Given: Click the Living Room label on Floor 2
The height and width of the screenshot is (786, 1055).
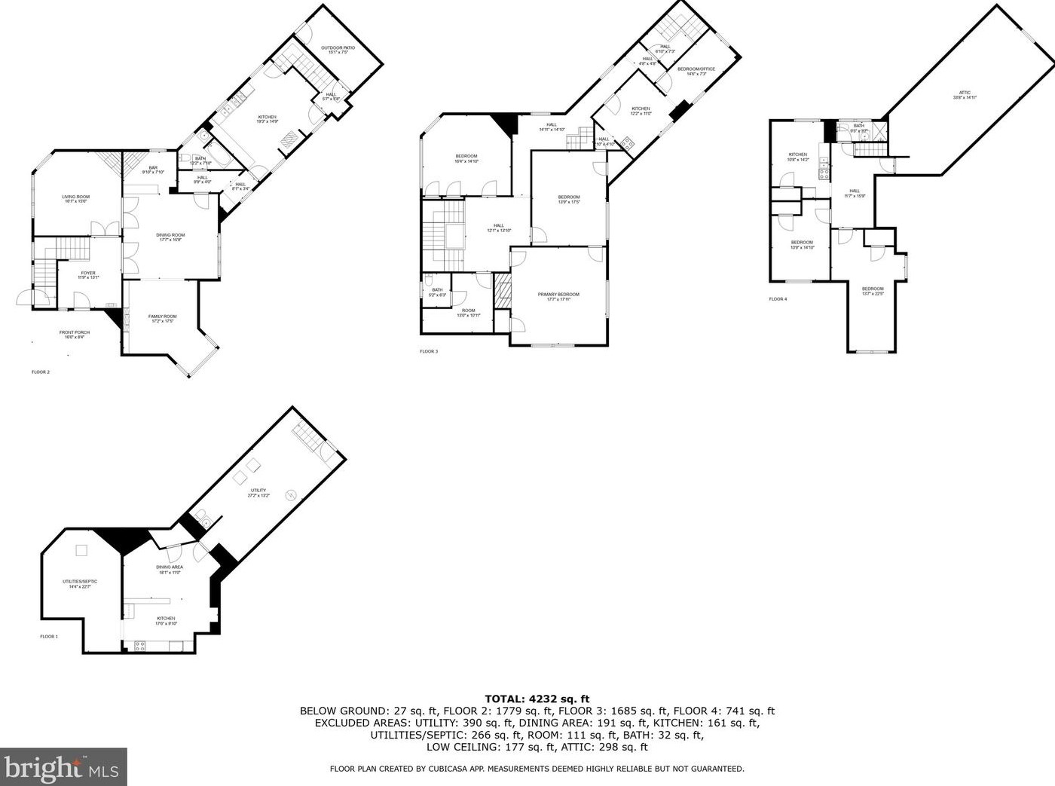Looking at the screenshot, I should coord(75,198).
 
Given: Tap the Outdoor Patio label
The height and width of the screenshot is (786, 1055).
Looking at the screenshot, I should coord(338,50).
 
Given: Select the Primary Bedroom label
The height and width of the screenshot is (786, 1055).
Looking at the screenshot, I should coord(558,296).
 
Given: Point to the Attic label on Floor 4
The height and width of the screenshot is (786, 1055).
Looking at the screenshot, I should coord(965,95).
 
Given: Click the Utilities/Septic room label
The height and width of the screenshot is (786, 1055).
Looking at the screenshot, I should coord(80,583).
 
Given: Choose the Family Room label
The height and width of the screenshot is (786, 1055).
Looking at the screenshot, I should coord(163,319).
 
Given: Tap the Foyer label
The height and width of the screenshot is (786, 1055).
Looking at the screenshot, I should coord(88,274).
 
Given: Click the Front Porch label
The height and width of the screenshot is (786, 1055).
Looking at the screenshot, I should coord(75,334).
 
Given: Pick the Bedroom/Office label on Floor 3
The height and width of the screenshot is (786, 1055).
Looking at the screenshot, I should coord(696,71).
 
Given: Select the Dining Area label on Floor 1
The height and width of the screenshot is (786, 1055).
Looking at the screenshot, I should coord(170,569).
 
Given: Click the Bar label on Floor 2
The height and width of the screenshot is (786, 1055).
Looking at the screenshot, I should coord(153,170).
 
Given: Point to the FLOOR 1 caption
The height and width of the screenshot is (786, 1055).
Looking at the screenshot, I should coord(49,637).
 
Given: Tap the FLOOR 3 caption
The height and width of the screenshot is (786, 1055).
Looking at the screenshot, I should coord(428,351).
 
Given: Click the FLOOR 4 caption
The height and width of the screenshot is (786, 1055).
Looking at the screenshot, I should coord(778,299).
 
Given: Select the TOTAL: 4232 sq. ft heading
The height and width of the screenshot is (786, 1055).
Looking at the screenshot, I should coord(537,699).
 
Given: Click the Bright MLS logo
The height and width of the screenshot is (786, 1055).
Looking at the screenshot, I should coord(63,767).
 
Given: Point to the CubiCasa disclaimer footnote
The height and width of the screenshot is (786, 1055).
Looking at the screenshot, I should coord(537,769).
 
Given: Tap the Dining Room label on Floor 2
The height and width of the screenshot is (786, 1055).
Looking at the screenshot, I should coord(170,237).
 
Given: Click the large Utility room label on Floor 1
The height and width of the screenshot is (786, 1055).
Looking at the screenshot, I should coord(258,492).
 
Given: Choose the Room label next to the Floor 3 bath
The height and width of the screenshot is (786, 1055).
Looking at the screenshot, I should coord(469,312).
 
